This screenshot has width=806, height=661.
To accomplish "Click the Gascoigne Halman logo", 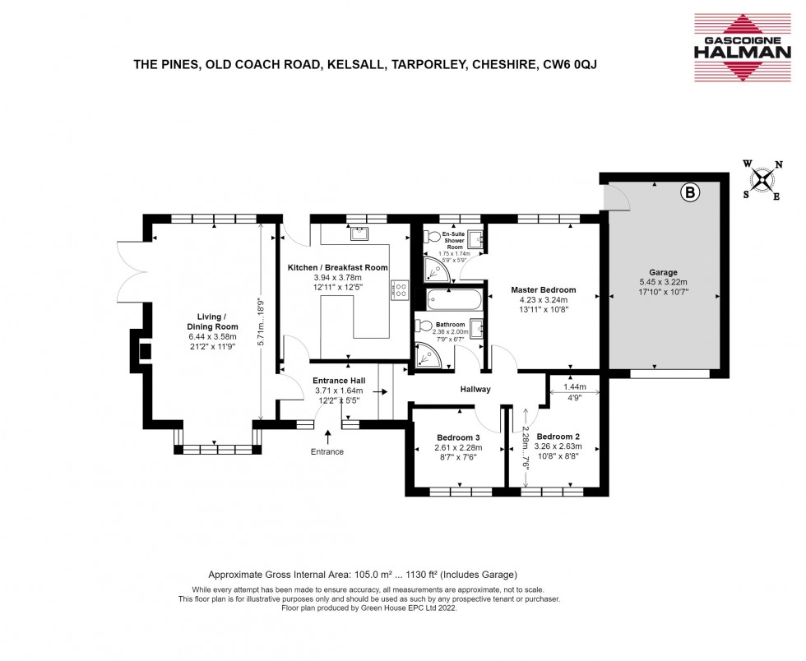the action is click(x=743, y=48).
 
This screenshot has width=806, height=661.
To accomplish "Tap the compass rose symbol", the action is click(x=763, y=180).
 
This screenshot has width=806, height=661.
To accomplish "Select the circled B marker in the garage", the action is click(x=690, y=192).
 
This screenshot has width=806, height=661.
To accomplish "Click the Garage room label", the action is click(x=663, y=272).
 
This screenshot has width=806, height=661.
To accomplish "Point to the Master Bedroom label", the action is click(x=544, y=290).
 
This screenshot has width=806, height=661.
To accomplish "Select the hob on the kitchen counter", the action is click(x=400, y=289).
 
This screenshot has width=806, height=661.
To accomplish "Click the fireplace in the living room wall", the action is click(x=141, y=351).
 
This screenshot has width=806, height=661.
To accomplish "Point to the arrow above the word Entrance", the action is click(x=328, y=437).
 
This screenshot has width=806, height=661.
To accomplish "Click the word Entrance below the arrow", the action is click(x=327, y=452).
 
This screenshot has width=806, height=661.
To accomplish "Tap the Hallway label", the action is click(x=475, y=390).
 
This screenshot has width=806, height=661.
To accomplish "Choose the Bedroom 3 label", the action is click(x=459, y=438).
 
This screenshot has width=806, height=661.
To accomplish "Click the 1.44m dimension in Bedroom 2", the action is click(x=575, y=387).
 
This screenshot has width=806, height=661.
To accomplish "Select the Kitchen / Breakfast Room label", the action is click(x=338, y=268).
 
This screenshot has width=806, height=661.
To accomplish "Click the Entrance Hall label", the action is click(x=339, y=381).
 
